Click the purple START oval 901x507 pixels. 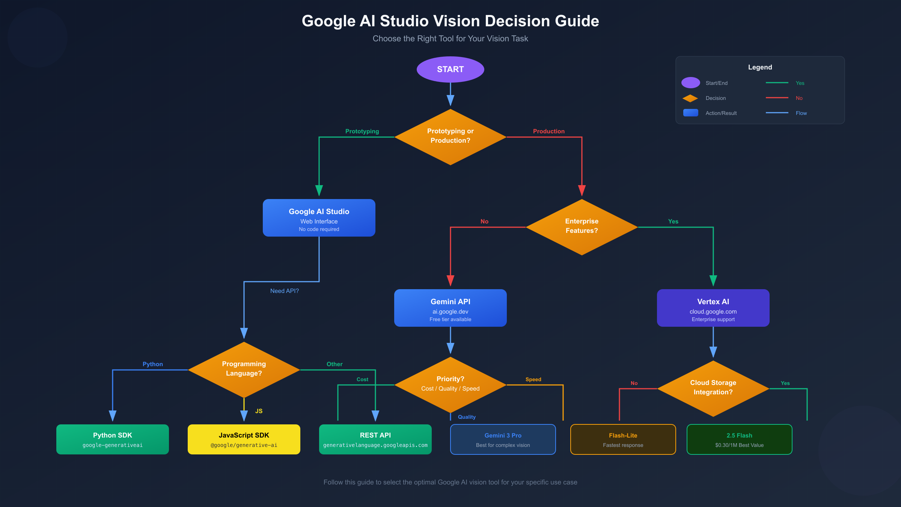[x=450, y=69]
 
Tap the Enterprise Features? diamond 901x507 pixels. [x=582, y=227]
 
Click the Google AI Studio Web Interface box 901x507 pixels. [x=319, y=218]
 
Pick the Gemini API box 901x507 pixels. [x=450, y=308]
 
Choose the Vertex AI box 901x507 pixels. [x=713, y=308]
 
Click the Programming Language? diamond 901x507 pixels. [x=244, y=370]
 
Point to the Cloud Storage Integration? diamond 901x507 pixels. [x=713, y=388]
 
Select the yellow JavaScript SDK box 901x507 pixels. [x=244, y=439]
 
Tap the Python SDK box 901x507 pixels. [x=112, y=439]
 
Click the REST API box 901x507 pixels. [x=375, y=439]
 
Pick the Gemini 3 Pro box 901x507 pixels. [x=503, y=439]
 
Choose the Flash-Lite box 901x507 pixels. [x=623, y=439]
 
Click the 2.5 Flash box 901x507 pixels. [x=739, y=439]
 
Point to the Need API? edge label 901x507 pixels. [x=284, y=291]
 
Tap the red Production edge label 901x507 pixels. [x=548, y=131]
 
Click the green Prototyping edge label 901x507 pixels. [x=362, y=131]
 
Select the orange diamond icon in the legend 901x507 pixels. [x=690, y=98]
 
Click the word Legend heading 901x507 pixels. [x=760, y=67]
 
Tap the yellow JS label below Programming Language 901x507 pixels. [x=259, y=411]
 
